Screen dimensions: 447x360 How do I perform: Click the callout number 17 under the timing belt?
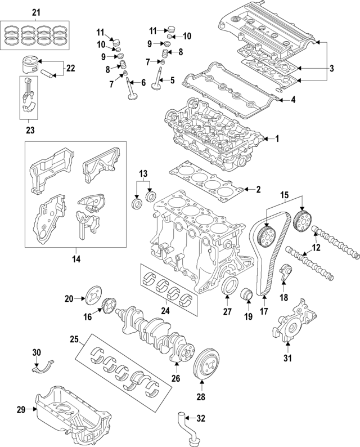263,311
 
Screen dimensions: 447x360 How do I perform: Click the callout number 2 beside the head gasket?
258,190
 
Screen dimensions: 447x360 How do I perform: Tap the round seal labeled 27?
228,286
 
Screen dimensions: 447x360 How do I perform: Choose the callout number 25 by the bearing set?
74,339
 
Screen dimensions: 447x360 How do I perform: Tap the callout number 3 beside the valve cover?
331,69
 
